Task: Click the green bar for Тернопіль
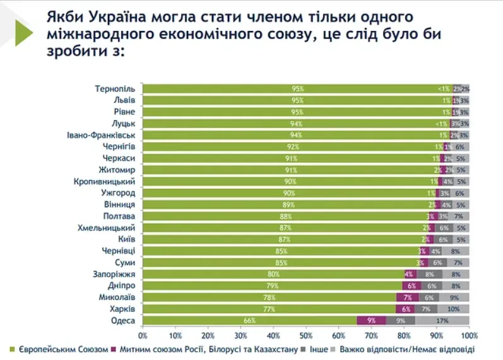click(x=297, y=89)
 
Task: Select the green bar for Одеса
click(x=249, y=321)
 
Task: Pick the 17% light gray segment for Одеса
click(x=442, y=321)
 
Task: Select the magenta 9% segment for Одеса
click(x=372, y=321)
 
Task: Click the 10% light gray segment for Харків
click(x=453, y=309)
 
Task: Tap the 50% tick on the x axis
click(x=307, y=335)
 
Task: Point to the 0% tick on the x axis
click(x=143, y=335)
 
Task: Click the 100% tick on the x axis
click(x=469, y=335)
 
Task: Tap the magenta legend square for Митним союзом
click(x=114, y=349)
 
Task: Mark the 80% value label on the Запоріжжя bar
click(x=273, y=274)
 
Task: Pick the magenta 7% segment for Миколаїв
click(x=407, y=297)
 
